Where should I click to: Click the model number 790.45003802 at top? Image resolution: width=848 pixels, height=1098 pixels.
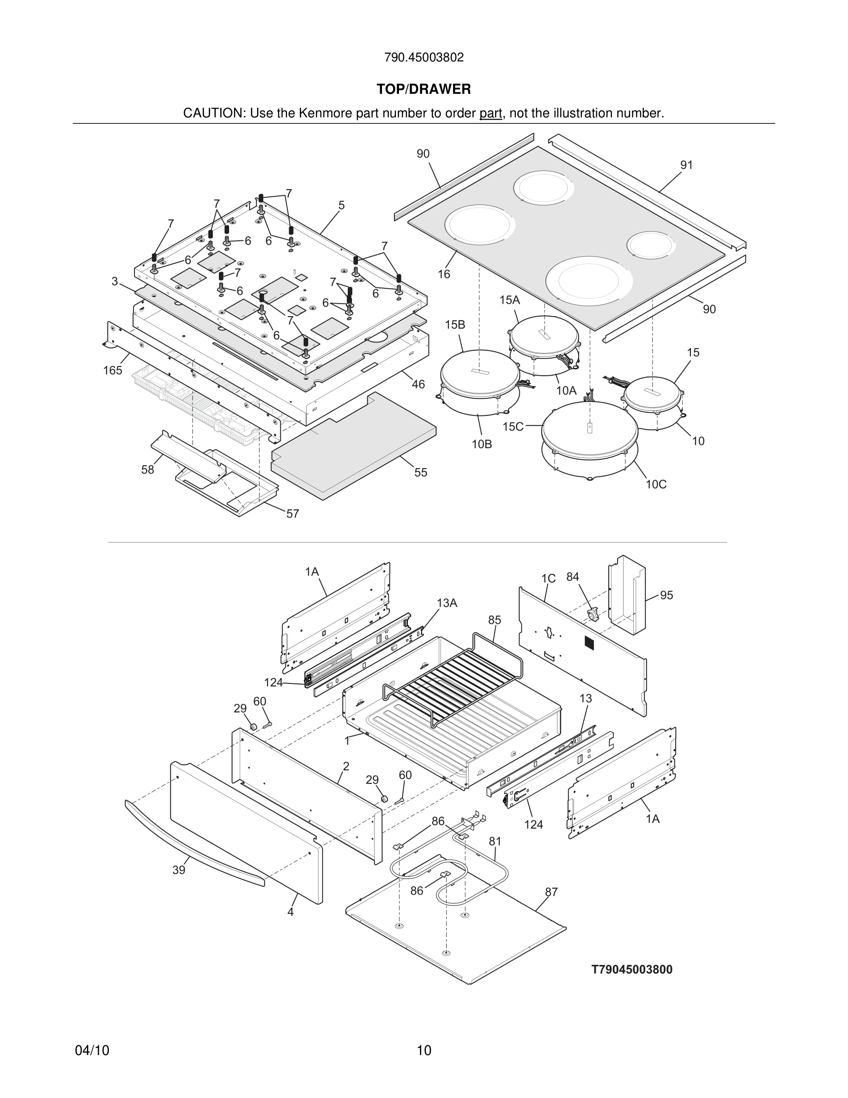pos(424,58)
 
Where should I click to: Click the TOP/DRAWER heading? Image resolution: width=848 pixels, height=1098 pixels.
pos(424,90)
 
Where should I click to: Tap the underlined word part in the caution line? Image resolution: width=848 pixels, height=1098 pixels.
pos(491,114)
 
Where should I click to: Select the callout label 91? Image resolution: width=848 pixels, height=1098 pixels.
pos(686,165)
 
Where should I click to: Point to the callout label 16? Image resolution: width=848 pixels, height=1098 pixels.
pos(443,274)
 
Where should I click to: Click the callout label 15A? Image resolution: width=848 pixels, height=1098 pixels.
pos(509,300)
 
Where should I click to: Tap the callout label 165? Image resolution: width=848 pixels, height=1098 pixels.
pos(113,371)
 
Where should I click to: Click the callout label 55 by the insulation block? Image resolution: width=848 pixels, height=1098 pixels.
pos(420,473)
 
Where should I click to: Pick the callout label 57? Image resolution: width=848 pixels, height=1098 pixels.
pos(292,514)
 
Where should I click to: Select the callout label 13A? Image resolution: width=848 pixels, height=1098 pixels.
pos(447,603)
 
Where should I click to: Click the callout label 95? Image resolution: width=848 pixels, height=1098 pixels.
pos(666,595)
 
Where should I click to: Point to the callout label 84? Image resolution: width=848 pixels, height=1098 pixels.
pos(573,577)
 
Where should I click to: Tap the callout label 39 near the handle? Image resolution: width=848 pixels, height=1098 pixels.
pos(179,870)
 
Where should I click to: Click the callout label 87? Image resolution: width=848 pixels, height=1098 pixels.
pos(551,892)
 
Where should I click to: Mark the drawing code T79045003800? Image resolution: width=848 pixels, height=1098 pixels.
pos(631,969)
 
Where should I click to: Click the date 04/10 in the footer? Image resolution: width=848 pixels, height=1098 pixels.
pos(92,1051)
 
